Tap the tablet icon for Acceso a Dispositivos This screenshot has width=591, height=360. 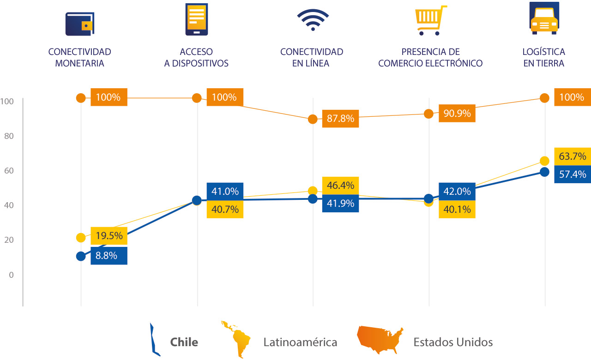click(196, 19)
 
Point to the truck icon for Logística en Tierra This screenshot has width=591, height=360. click(544, 18)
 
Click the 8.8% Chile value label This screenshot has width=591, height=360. click(109, 256)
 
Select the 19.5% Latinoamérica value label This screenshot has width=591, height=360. click(109, 236)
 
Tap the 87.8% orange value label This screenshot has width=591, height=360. click(340, 119)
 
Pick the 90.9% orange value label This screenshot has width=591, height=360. click(457, 113)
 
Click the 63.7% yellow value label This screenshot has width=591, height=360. click(573, 156)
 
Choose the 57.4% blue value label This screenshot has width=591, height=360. click(573, 174)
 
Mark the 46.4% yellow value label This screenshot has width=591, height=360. click(340, 186)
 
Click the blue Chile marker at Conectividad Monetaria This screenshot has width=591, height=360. click(81, 256)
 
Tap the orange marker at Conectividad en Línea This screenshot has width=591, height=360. click(313, 119)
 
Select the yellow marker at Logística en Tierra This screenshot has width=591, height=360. click(544, 161)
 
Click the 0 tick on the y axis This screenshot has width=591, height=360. click(11, 275)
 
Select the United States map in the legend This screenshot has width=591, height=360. click(380, 341)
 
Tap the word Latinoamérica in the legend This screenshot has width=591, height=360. click(300, 342)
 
